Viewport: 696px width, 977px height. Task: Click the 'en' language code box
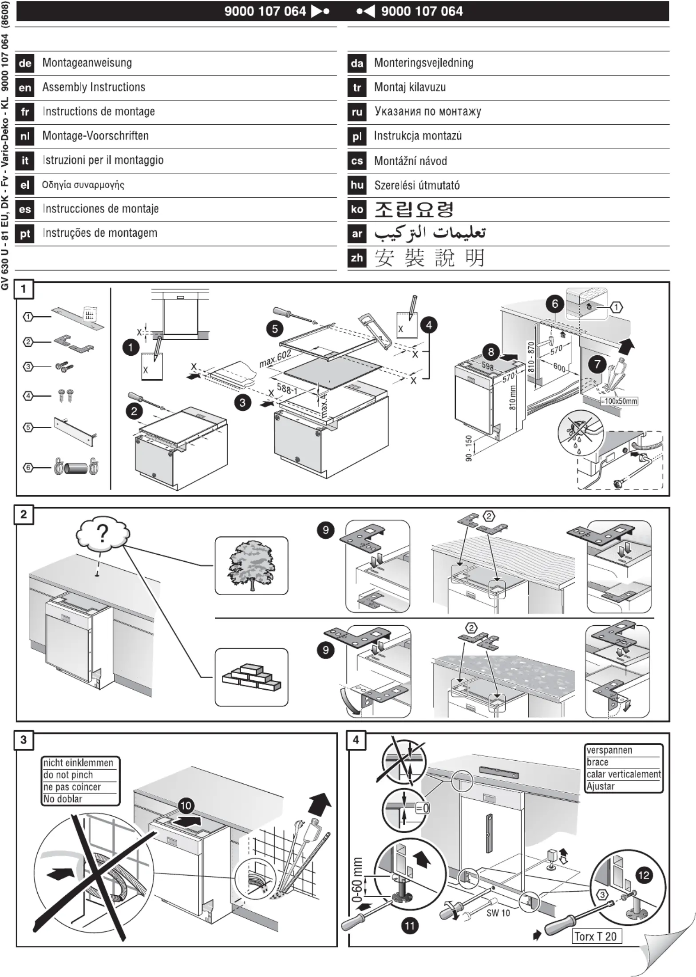pos(25,87)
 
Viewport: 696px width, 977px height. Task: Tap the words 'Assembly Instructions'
pos(94,87)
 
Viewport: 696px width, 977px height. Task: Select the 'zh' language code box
pos(357,258)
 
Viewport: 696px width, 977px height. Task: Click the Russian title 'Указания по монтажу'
pos(427,111)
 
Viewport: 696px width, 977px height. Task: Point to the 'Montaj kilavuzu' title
pos(410,87)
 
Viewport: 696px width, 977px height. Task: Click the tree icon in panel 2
pos(251,565)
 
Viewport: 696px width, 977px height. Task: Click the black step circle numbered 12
pos(644,875)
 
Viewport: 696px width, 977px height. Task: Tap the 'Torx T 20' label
pos(595,937)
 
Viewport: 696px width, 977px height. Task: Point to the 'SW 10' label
pos(498,913)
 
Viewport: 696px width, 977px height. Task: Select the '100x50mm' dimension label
pos(621,401)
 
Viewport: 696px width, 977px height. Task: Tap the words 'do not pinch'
pos(68,775)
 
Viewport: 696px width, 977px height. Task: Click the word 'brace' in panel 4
pos(597,762)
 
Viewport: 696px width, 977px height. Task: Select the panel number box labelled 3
pos(24,740)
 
